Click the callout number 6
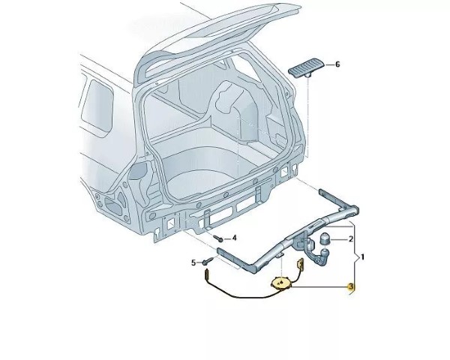click(337, 64)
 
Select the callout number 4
click(234, 238)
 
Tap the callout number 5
click(193, 262)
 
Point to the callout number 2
click(350, 238)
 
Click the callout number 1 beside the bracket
click(362, 257)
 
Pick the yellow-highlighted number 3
click(350, 286)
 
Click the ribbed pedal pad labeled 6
click(306, 67)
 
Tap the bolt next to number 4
click(217, 238)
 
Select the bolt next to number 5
click(208, 261)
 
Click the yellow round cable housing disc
click(280, 283)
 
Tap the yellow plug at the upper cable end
click(301, 263)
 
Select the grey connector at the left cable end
click(206, 274)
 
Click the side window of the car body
click(97, 104)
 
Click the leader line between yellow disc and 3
click(318, 286)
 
